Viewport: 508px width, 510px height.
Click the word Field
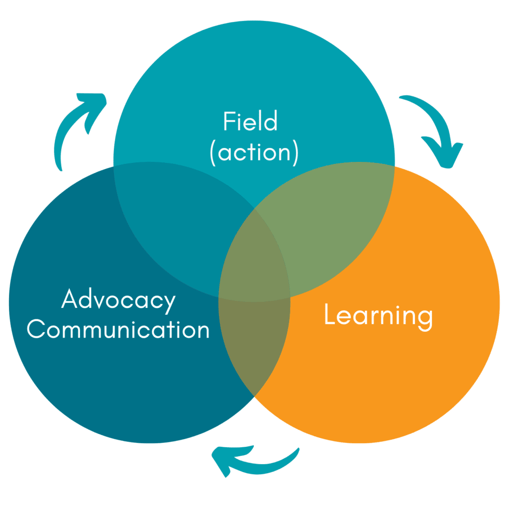(250, 121)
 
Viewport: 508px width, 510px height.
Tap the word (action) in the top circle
(254, 152)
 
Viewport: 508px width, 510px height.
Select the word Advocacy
(118, 300)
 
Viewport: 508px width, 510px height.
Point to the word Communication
(118, 329)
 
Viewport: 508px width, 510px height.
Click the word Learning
(379, 317)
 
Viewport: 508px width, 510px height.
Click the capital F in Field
(229, 121)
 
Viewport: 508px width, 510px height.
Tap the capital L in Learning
(329, 314)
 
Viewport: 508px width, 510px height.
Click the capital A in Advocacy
(70, 298)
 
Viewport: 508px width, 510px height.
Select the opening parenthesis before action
(213, 153)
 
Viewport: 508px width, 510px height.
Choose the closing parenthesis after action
(295, 153)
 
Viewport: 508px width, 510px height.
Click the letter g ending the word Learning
(425, 320)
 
